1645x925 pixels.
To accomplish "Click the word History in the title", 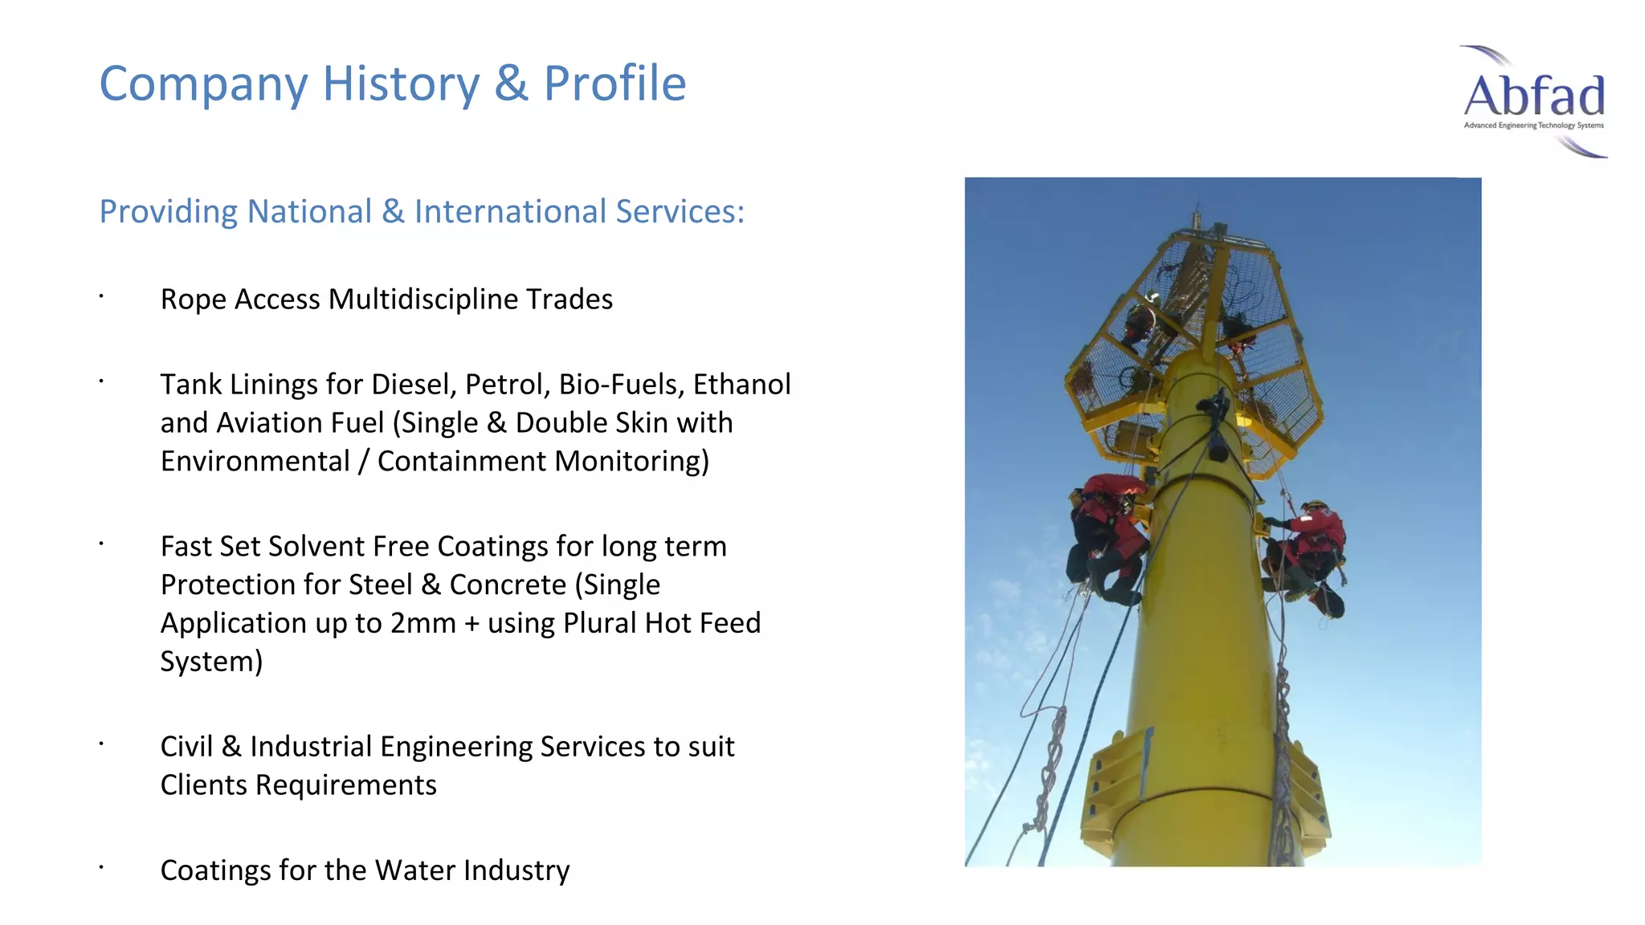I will pos(401,84).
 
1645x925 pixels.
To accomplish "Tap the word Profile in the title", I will pos(614,84).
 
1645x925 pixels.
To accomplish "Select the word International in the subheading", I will pos(510,212).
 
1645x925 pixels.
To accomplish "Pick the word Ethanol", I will pos(741,385).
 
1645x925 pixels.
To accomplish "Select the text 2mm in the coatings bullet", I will pos(422,624).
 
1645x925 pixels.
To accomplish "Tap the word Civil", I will pos(186,747).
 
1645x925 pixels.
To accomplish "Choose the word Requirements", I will pos(345,785).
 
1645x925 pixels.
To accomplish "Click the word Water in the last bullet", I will pos(414,870).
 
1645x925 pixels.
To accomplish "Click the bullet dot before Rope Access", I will pos(102,297).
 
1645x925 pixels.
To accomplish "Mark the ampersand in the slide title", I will pos(512,84).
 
